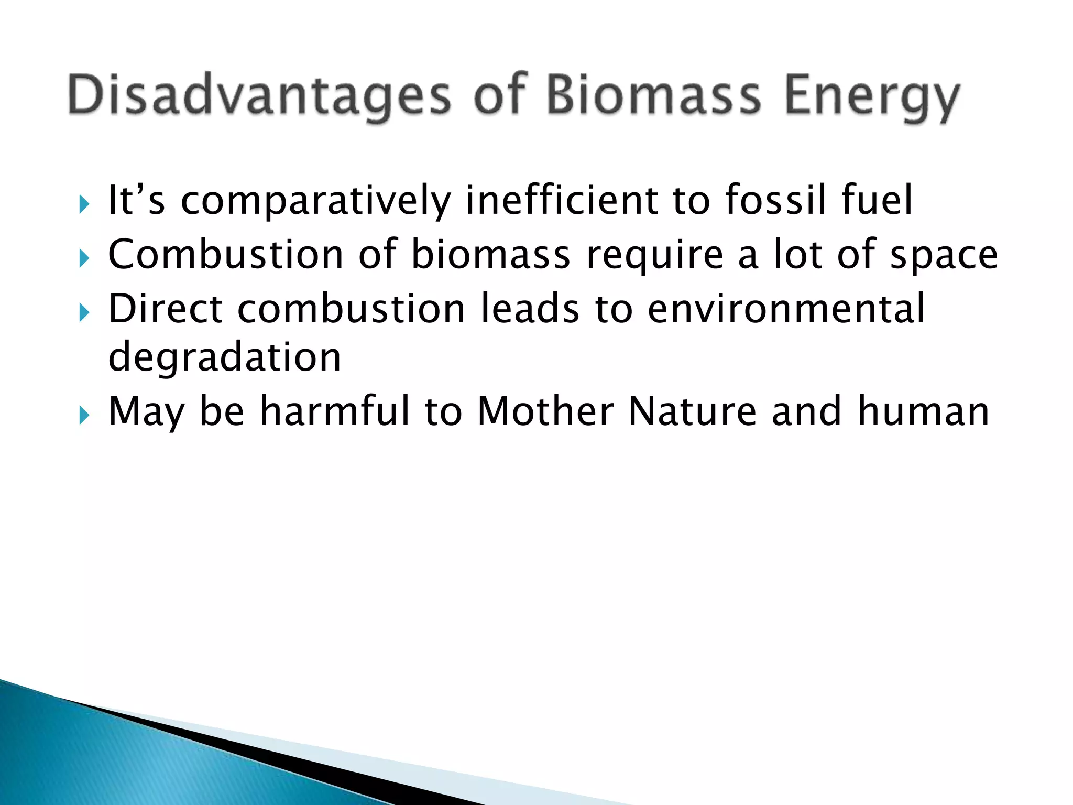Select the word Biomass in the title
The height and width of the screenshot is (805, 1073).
pos(653,95)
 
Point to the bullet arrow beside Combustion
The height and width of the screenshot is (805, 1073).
pos(84,258)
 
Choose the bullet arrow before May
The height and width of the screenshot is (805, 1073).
pos(84,415)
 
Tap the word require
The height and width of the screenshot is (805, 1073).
pos(655,255)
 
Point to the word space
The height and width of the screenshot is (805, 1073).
pos(944,255)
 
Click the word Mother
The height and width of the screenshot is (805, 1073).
pos(545,411)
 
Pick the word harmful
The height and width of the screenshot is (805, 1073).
pos(335,411)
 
